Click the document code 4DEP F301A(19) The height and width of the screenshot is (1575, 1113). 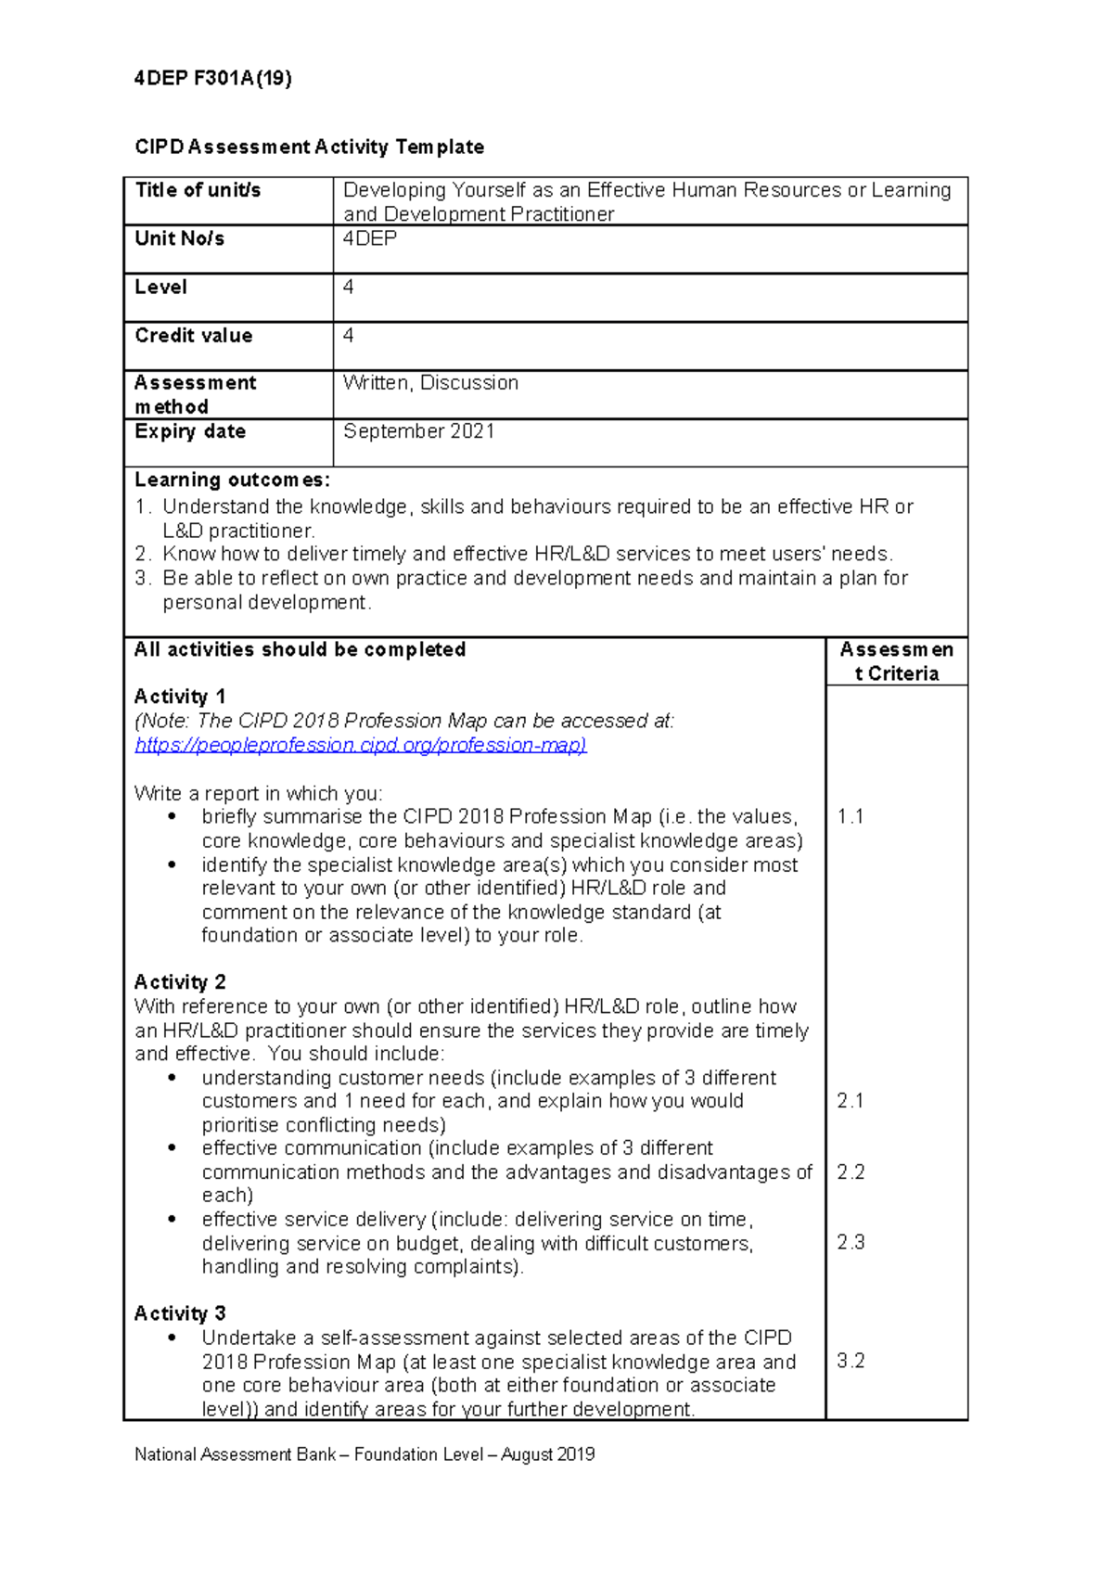tap(212, 79)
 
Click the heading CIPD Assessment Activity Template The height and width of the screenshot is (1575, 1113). tap(309, 147)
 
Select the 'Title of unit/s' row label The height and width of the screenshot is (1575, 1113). tap(198, 190)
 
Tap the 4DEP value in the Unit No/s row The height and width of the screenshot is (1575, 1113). tap(369, 238)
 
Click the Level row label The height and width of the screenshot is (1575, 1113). tap(160, 287)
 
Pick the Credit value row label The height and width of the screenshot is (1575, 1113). tap(193, 335)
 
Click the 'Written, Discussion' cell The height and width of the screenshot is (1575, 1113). tap(430, 382)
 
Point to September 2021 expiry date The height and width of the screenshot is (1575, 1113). tap(418, 431)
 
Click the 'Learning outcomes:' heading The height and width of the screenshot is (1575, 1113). tap(232, 480)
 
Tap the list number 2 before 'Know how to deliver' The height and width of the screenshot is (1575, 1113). tap(142, 554)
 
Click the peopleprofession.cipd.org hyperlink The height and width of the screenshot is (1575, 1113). tap(360, 745)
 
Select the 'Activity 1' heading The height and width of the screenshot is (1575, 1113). tap(180, 697)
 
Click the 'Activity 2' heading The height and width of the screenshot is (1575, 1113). tap(180, 982)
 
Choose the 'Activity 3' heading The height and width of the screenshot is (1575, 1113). tap(180, 1313)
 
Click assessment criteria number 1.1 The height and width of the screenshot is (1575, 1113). tap(850, 816)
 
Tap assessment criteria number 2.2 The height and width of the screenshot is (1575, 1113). tap(850, 1172)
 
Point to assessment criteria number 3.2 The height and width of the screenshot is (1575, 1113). tap(850, 1361)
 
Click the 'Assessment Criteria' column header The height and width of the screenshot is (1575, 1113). tap(896, 661)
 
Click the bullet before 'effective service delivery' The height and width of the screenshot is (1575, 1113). tap(172, 1219)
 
